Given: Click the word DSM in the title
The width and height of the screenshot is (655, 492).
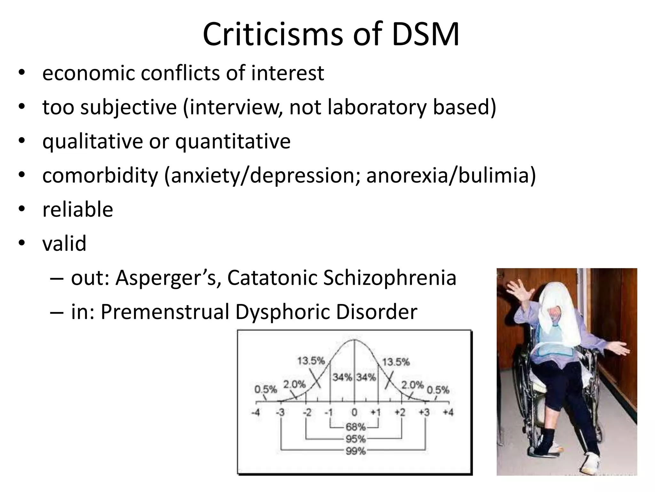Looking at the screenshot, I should click(425, 35).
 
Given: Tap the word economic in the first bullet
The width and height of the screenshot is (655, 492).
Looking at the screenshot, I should click(89, 73).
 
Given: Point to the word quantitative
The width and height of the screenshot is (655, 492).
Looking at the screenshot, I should click(233, 141).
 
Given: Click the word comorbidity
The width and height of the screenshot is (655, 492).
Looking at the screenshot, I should click(100, 176).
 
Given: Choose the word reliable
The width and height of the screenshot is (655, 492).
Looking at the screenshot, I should click(78, 209).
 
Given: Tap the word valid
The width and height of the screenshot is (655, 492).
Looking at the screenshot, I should click(64, 243).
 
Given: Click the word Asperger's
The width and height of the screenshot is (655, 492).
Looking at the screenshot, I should click(168, 277).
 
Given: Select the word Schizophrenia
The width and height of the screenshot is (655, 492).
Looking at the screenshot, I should click(390, 277).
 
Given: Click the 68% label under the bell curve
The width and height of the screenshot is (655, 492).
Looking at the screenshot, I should click(355, 427).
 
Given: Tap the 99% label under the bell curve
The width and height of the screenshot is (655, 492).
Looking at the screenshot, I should click(355, 451).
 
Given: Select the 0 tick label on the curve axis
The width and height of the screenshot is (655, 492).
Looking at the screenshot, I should click(354, 412).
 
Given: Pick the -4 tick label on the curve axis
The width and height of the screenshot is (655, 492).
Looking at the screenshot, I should click(256, 412).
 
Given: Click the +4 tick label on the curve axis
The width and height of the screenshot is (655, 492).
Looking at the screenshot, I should click(448, 412).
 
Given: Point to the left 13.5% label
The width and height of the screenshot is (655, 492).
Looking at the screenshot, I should click(311, 361).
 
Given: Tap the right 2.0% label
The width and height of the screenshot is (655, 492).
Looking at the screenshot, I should click(413, 385).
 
